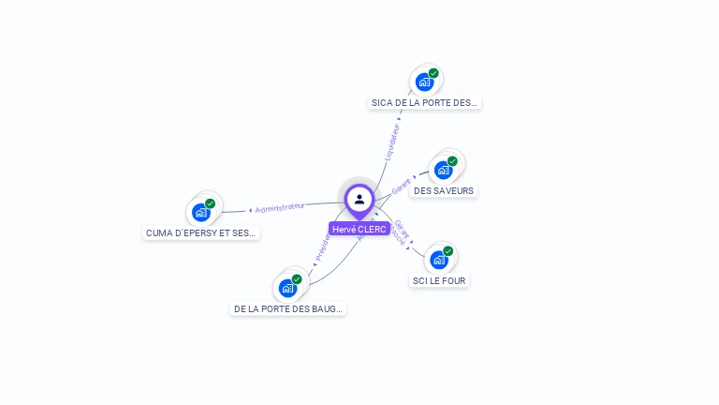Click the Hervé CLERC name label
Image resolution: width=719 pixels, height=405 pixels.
359,229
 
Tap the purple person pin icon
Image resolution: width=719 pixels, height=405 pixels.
359,199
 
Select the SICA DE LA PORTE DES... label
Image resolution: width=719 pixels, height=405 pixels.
424,103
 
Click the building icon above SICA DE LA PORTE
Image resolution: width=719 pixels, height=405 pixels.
424,82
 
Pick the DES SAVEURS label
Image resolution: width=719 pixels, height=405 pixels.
444,191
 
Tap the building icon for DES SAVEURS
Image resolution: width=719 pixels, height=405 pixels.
443,171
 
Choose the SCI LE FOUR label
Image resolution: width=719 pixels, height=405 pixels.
439,280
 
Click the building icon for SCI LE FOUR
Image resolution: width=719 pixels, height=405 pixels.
438,260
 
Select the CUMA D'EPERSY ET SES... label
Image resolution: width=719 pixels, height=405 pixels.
201,232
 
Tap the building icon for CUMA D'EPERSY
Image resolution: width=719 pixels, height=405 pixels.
200,213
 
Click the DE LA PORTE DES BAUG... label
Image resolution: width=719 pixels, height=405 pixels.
288,308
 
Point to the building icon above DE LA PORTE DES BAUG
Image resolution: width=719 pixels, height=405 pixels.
287,288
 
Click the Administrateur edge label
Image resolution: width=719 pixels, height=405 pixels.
279,207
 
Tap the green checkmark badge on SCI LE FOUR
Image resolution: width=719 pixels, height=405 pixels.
448,251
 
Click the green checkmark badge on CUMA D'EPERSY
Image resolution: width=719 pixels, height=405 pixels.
210,203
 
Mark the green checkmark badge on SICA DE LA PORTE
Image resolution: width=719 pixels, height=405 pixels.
433,73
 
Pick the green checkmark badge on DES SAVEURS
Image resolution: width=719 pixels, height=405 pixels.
452,161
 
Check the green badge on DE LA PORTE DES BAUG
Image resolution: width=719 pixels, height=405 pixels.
297,279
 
